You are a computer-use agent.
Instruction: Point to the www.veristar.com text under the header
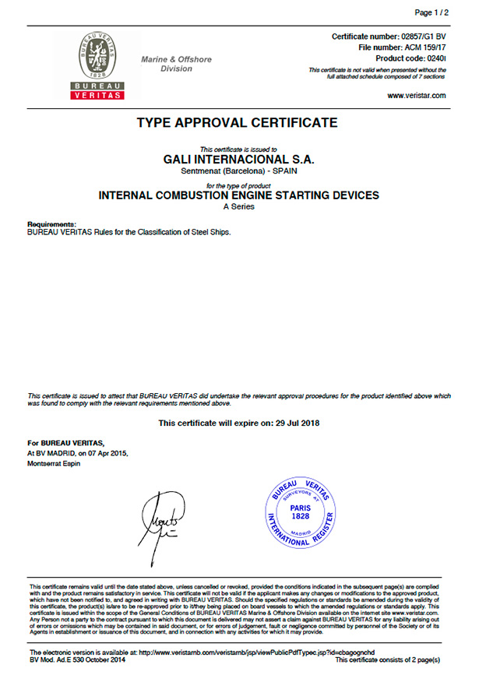click(x=417, y=95)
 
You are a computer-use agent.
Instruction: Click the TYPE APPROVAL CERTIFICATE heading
click(x=238, y=122)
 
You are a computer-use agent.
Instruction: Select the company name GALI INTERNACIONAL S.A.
click(x=238, y=158)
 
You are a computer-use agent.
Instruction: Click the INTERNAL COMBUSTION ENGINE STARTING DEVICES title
click(x=238, y=195)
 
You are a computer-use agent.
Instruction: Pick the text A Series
click(x=238, y=207)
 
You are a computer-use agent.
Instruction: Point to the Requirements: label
click(x=51, y=223)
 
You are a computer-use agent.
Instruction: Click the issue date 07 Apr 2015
click(x=105, y=452)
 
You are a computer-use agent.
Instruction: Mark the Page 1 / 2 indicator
click(x=431, y=13)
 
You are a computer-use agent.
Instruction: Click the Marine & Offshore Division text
click(x=176, y=64)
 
